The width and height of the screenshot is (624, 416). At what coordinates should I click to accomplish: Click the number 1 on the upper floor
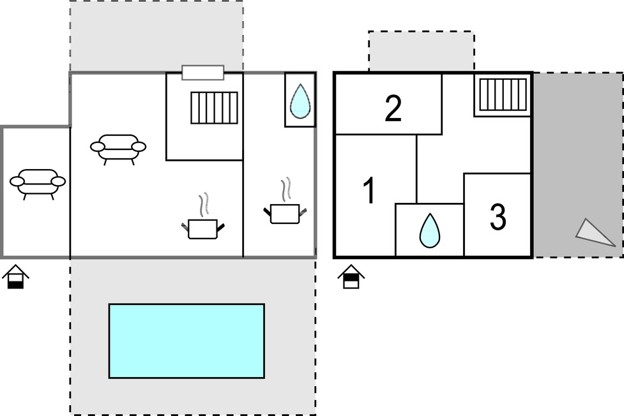pos(370,191)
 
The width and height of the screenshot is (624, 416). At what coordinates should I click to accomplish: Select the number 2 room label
pos(393,108)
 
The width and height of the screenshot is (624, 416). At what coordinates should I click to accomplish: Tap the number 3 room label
pos(498,217)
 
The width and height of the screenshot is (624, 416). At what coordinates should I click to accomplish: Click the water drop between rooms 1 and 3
pos(430,230)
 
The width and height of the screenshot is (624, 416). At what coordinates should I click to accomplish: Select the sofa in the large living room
pos(118,149)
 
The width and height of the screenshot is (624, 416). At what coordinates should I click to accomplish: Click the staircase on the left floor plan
pos(214,108)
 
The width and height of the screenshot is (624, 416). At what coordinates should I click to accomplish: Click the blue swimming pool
pos(186,341)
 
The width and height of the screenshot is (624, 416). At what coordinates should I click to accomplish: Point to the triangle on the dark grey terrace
pos(592,232)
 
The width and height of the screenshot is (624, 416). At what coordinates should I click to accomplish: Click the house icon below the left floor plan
pos(15,276)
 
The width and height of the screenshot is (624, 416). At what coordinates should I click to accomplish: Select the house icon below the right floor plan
pos(351,276)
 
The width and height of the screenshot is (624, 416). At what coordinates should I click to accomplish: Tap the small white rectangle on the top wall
pos(203,73)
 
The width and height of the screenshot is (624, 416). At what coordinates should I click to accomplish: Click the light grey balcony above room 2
pos(422,51)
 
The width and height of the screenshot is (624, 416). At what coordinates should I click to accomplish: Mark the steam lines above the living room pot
pos(204,205)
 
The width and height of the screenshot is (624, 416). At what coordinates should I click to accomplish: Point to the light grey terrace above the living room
pos(156,36)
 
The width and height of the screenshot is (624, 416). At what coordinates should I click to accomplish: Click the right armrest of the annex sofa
pos(59,181)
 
